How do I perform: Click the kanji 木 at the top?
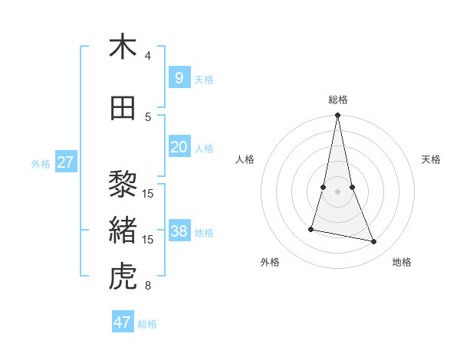123,47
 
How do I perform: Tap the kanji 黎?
123,185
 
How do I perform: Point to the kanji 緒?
123,231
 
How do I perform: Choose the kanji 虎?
123,277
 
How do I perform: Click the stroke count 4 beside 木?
148,55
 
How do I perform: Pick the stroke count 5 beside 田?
148,116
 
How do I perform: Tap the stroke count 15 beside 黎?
148,193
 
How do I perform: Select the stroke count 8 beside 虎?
148,286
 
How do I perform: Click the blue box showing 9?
179,77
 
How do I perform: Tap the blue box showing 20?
179,147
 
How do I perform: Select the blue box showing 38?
179,231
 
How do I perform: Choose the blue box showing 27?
65,162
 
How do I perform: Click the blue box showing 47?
123,322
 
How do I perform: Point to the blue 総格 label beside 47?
147,324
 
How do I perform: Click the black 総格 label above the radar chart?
337,100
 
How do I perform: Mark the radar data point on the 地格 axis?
374,242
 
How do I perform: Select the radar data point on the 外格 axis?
311,229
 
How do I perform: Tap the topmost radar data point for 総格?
337,116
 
